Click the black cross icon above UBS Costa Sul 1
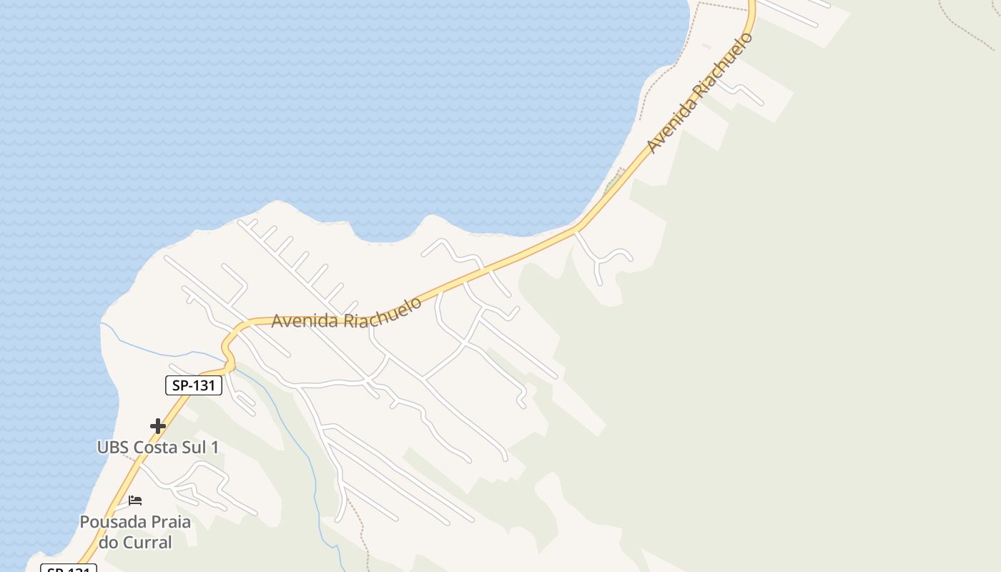pyautogui.click(x=158, y=427)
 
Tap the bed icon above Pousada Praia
pyautogui.click(x=135, y=500)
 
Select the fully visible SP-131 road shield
pyautogui.click(x=194, y=385)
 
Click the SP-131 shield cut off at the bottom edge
pyautogui.click(x=69, y=569)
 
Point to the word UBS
pyautogui.click(x=113, y=448)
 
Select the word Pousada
pyautogui.click(x=109, y=522)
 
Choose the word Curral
pyautogui.click(x=147, y=543)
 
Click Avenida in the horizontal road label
pyautogui.click(x=305, y=321)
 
